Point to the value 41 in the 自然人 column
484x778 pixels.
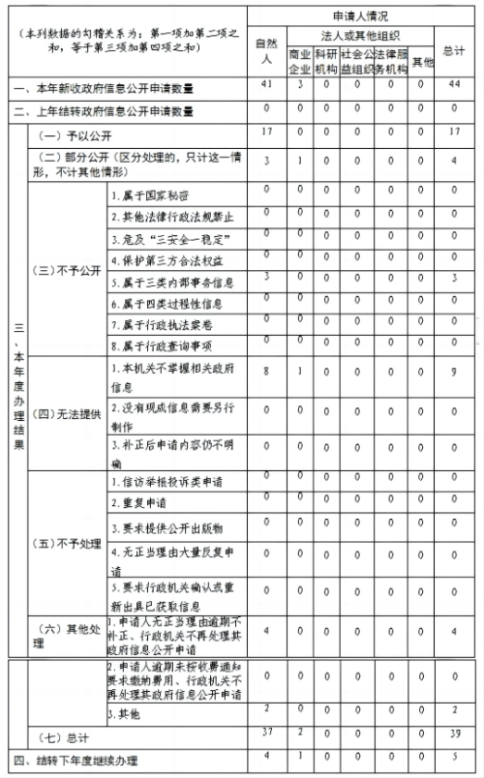(266, 86)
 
